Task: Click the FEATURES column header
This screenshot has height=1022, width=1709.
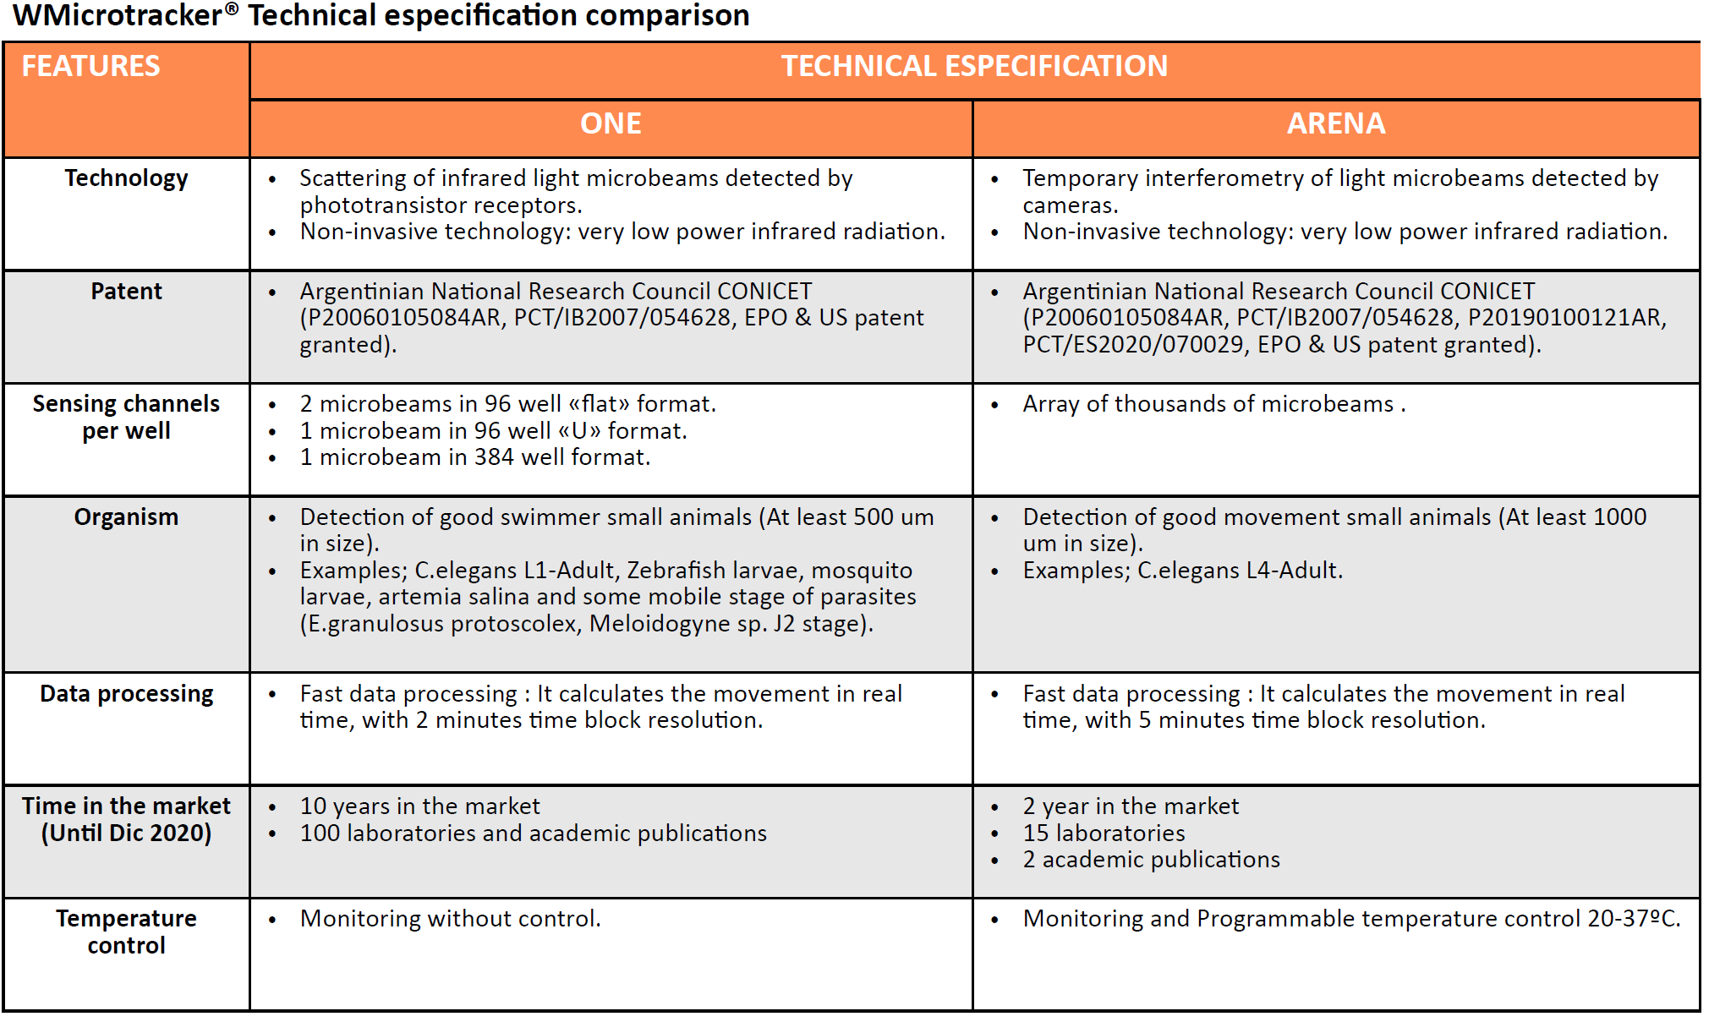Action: pos(90,66)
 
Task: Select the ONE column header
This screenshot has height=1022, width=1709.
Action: pos(610,124)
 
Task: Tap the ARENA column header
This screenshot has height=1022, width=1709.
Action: pos(1335,124)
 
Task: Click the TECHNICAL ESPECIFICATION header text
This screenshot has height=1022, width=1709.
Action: pos(973,66)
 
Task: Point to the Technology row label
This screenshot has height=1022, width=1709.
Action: pos(126,178)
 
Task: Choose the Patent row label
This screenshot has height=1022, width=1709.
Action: pos(126,292)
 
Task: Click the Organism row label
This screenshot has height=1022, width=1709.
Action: pos(126,517)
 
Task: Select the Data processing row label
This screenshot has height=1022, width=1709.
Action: pos(126,694)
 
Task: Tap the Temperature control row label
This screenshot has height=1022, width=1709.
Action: pos(126,932)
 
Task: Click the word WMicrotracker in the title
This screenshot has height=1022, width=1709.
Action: pos(118,15)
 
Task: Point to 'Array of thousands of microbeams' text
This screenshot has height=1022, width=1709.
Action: pos(1208,404)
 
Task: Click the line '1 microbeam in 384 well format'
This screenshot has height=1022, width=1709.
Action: pos(474,457)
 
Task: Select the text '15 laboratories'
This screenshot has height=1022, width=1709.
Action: pos(1103,833)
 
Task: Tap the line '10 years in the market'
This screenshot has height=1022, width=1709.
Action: pos(419,806)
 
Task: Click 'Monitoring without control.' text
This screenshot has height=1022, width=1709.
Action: pos(450,919)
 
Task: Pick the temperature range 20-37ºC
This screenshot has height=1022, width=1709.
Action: pos(1632,919)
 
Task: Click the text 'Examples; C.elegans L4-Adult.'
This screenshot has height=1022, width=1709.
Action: pos(1182,571)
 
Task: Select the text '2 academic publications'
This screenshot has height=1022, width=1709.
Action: pos(1151,860)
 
